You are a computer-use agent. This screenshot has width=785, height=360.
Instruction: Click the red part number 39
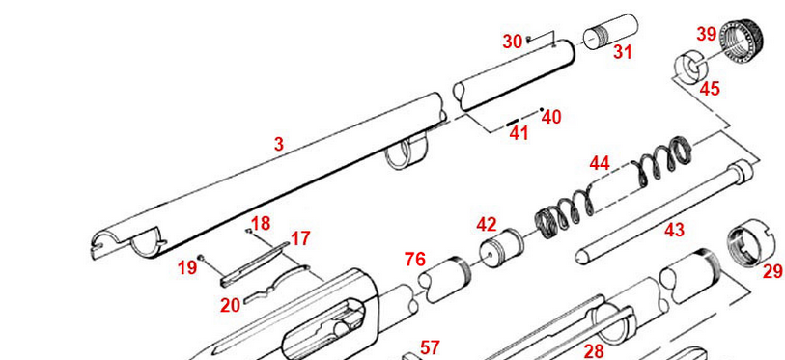(707, 35)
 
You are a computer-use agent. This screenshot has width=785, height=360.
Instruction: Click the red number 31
(622, 51)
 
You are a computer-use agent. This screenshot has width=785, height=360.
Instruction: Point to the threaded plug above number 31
(610, 32)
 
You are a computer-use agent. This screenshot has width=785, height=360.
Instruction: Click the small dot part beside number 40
(542, 110)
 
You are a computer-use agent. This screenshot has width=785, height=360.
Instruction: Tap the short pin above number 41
(512, 123)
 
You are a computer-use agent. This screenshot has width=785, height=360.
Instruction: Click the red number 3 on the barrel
(278, 144)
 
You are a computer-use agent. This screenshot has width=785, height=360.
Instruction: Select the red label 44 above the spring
(600, 163)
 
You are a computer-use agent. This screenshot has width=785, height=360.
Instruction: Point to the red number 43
(674, 231)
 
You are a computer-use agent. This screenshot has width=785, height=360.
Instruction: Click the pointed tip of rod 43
(580, 256)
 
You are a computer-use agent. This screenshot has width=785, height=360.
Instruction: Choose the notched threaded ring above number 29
(747, 240)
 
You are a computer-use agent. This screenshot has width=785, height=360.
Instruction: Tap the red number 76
(415, 260)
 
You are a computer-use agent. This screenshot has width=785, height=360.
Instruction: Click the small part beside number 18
(248, 231)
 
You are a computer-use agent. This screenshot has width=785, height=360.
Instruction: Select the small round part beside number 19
(200, 258)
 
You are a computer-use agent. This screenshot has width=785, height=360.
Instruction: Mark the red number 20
(231, 305)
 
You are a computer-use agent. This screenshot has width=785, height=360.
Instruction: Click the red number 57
(430, 347)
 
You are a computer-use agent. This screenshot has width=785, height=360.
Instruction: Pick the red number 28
(594, 351)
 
